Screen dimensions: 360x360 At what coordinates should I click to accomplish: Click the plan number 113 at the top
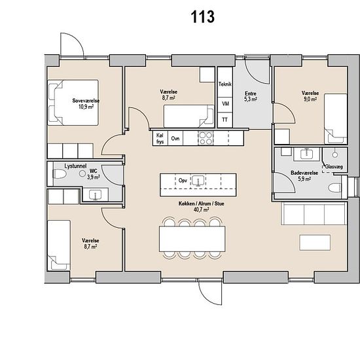[x=203, y=17]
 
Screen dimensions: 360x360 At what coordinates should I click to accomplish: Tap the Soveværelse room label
[x=86, y=101]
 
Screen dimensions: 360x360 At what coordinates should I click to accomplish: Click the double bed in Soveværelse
[x=73, y=103]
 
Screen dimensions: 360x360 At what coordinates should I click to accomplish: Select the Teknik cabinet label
[x=225, y=84]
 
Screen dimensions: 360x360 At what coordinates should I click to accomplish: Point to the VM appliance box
[x=225, y=105]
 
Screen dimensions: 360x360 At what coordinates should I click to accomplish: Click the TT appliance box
[x=225, y=120]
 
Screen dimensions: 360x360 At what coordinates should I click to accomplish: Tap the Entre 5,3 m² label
[x=251, y=96]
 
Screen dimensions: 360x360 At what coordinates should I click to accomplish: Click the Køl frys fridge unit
[x=160, y=138]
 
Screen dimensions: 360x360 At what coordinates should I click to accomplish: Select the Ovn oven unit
[x=175, y=138]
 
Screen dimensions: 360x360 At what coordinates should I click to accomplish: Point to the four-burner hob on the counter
[x=206, y=138]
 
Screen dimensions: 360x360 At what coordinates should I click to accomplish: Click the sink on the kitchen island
[x=197, y=181]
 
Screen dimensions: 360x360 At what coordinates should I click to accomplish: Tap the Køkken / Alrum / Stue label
[x=202, y=204]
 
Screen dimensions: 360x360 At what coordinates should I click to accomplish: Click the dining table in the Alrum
[x=192, y=239]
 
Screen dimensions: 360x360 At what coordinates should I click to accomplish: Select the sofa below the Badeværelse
[x=314, y=213]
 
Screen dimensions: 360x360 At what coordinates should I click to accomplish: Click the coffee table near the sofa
[x=315, y=242]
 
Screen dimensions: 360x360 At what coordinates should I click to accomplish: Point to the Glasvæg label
[x=334, y=167]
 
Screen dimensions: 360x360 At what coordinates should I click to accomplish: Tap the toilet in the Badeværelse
[x=334, y=188]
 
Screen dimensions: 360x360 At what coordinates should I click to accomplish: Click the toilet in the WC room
[x=60, y=174]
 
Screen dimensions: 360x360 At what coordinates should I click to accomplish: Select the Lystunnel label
[x=75, y=166]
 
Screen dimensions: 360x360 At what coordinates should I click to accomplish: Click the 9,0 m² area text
[x=310, y=99]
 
